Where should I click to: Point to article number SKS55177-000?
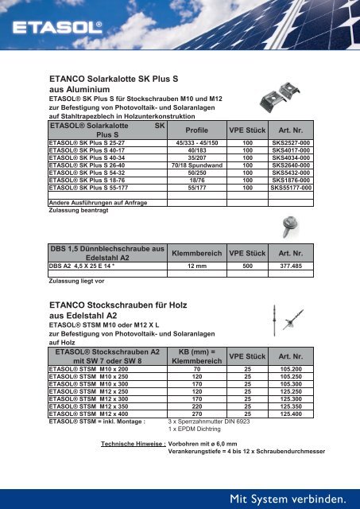click(289, 188)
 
